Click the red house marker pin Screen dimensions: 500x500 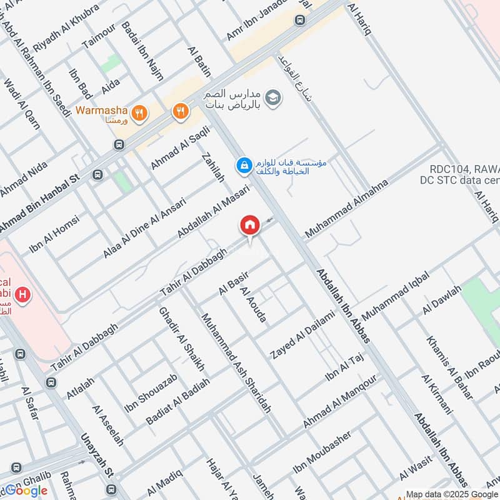tap(250, 225)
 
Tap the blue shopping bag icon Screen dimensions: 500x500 tap(242, 166)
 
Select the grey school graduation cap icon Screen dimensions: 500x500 tap(272, 97)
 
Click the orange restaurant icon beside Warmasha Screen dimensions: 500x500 tap(141, 112)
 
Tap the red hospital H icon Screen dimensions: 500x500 tap(23, 294)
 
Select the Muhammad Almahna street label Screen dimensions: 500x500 tap(346, 209)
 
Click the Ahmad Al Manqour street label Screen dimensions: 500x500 tap(340, 402)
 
